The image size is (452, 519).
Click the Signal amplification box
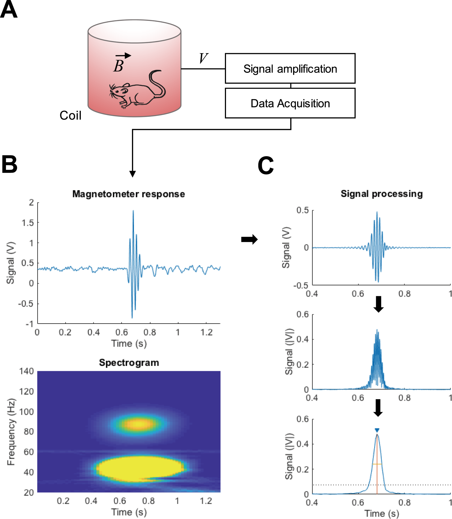[290, 69]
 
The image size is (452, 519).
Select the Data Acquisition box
[290, 103]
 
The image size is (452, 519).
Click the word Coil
[70, 115]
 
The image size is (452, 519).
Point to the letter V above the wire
[203, 58]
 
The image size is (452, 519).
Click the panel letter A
[9, 9]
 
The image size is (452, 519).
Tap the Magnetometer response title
[128, 194]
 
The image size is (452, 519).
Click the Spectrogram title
[129, 363]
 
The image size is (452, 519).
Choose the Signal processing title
[382, 194]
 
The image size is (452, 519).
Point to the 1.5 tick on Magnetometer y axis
[28, 223]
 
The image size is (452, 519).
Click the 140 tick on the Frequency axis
[27, 371]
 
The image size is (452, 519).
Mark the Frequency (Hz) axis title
[11, 432]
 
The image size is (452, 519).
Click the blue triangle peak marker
[377, 430]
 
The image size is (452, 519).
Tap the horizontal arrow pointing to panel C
[249, 239]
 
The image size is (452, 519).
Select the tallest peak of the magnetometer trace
[133, 211]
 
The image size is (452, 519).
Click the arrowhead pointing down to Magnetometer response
[133, 174]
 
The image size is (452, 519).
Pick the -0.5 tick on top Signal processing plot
[301, 286]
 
